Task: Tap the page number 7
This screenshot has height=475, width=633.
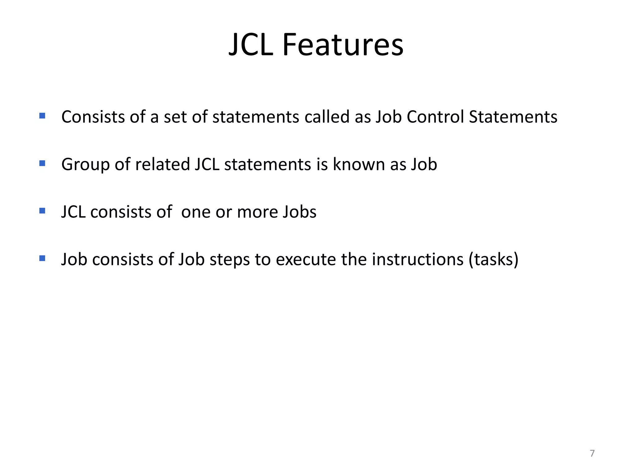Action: (x=592, y=453)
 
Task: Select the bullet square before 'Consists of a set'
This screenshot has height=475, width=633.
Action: (x=42, y=116)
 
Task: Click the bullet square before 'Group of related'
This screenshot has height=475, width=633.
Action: (x=42, y=163)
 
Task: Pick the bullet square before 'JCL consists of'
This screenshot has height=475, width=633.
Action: (x=42, y=211)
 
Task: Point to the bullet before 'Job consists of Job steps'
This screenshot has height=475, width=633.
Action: (x=42, y=258)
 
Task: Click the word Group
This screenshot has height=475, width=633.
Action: (x=85, y=164)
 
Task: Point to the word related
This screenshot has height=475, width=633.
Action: (x=162, y=164)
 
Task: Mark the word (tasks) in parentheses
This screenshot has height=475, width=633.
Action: (x=494, y=259)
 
